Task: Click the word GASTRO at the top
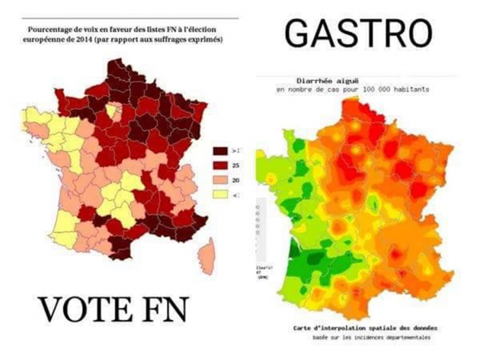pos(358,33)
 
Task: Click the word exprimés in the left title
pos(207,40)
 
